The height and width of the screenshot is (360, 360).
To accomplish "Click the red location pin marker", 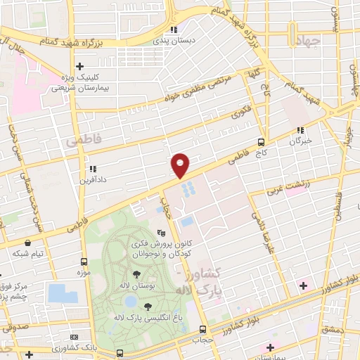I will pyautogui.click(x=181, y=165).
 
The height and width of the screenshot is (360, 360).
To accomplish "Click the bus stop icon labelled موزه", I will pyautogui.click(x=84, y=261).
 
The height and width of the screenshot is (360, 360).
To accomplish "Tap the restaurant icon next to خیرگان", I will pyautogui.click(x=300, y=130).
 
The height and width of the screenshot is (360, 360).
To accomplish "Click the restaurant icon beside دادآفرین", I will pyautogui.click(x=92, y=169).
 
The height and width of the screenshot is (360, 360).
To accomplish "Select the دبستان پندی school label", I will pyautogui.click(x=173, y=40).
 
